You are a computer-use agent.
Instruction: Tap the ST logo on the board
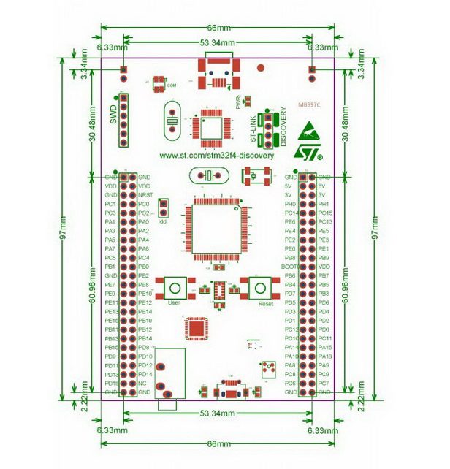308,149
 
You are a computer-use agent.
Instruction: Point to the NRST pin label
145,195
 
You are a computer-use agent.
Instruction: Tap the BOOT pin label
289,267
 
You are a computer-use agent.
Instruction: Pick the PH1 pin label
324,204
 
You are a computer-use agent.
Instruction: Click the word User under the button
174,302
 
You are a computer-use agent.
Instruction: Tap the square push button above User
175,287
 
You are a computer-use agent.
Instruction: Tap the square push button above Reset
260,287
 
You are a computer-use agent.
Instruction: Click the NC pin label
142,383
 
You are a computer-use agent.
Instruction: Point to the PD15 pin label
111,383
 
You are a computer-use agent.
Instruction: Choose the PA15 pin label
325,347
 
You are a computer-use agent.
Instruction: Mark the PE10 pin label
145,294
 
